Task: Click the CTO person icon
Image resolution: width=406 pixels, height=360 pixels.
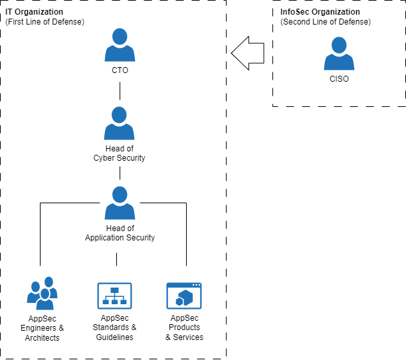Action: coord(120,45)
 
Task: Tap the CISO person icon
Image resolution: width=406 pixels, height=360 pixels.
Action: coord(339,53)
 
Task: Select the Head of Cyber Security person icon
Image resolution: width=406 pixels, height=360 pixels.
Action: coord(119,123)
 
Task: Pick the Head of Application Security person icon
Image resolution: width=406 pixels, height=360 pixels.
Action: coord(120,203)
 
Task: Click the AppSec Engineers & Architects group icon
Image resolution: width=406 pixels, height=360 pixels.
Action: coord(43,293)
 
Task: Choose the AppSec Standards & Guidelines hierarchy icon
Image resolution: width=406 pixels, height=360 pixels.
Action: coord(114,296)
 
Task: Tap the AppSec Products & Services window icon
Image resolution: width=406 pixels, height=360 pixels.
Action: coord(184,296)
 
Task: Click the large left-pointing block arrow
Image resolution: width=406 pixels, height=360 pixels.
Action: coord(248,53)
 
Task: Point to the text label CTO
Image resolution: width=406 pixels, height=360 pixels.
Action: coord(120,70)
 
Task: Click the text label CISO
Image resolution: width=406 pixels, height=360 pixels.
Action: coord(339,78)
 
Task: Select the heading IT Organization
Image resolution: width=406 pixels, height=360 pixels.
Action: coord(34,12)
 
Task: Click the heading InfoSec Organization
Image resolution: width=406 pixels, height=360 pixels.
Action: coord(320,12)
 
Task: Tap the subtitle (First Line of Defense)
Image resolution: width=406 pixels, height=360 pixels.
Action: coord(45,22)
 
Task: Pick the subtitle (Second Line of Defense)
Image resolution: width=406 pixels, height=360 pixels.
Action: coord(326,22)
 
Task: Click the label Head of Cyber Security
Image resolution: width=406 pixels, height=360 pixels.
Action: coord(120,153)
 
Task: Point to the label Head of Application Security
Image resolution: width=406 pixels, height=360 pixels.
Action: coord(120,233)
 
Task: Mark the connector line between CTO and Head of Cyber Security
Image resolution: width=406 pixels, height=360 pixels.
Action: coord(120,91)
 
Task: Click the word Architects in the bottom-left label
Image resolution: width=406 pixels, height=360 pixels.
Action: coord(43,337)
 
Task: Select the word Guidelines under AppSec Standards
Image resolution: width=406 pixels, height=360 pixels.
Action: coord(114,337)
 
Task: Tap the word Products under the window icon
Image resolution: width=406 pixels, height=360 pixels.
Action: coord(184,327)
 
